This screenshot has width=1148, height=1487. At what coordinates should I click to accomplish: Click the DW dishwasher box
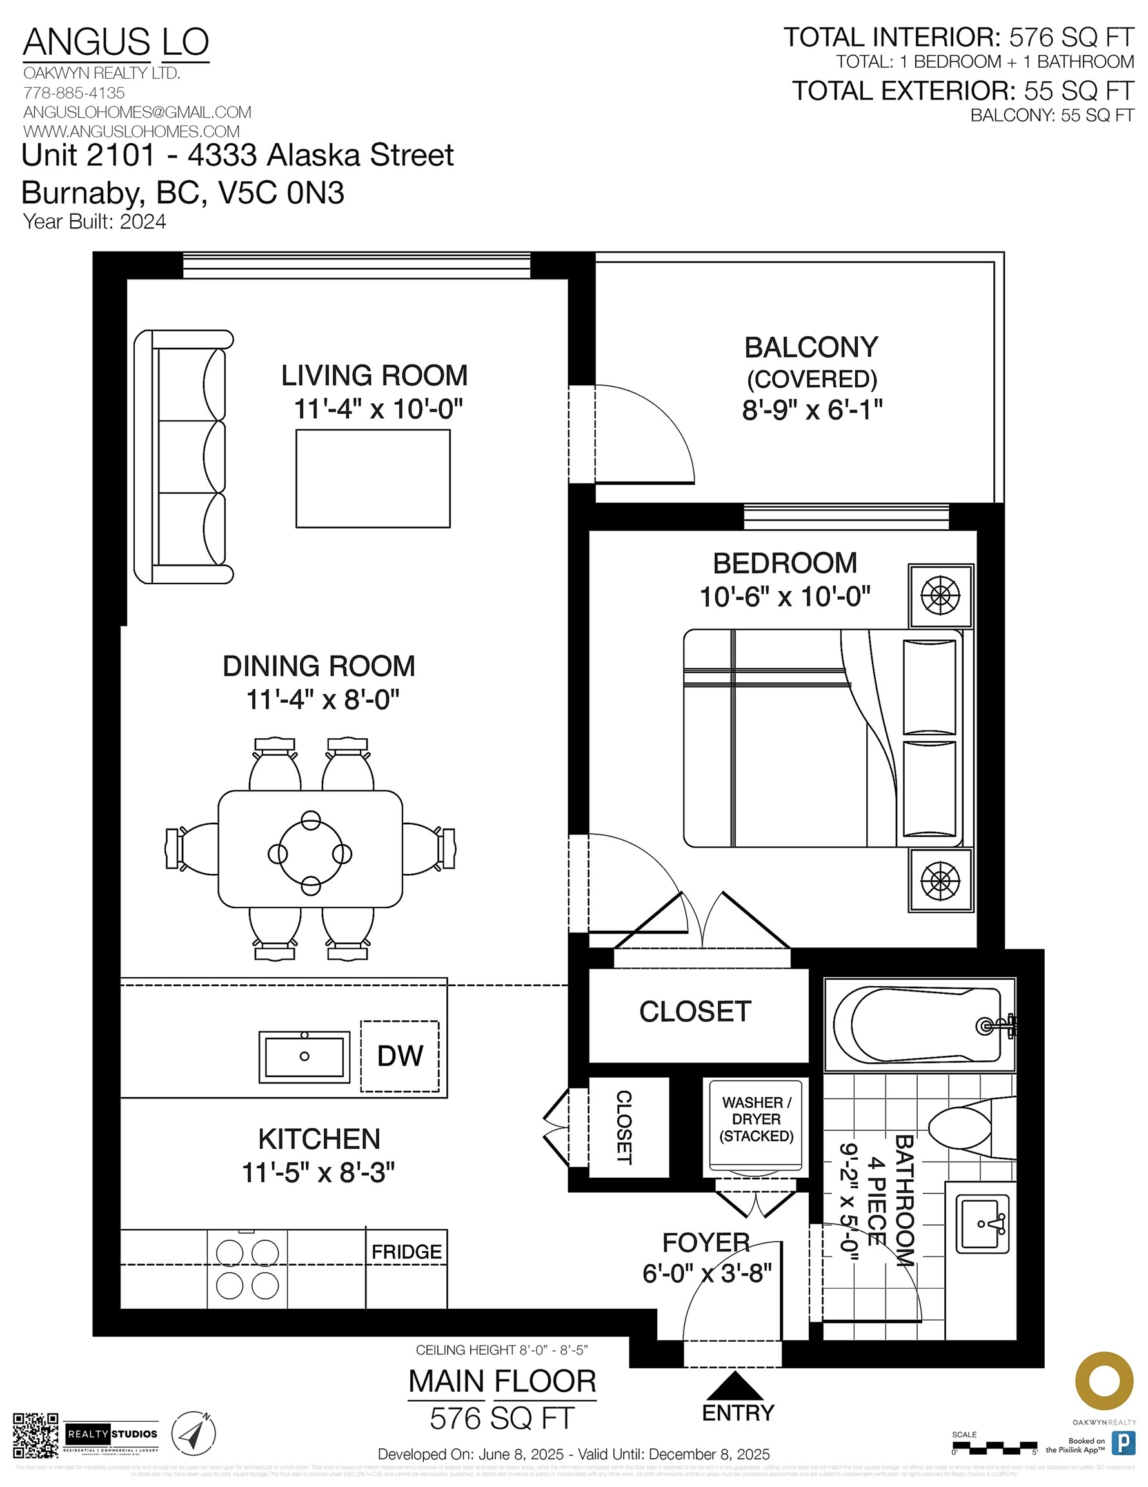(399, 1056)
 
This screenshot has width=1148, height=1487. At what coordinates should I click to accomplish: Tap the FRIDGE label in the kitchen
(406, 1251)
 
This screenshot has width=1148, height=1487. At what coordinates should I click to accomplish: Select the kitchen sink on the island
(304, 1057)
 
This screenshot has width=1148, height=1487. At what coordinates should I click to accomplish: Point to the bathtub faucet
(995, 1026)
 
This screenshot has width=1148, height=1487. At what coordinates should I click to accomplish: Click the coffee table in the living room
(373, 478)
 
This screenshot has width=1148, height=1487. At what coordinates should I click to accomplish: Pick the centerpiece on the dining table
(310, 853)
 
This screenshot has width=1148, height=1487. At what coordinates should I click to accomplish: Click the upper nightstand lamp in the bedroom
(940, 596)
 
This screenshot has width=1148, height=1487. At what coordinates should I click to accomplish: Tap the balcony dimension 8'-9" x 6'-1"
(812, 410)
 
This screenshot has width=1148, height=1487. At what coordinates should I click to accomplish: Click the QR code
(35, 1435)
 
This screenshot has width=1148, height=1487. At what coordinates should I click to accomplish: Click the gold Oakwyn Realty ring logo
(1103, 1381)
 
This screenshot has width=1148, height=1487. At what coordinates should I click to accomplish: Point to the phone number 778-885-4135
(74, 92)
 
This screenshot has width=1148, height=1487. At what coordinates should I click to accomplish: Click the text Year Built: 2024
(95, 222)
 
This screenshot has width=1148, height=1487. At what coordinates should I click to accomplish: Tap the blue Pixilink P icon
(1123, 1442)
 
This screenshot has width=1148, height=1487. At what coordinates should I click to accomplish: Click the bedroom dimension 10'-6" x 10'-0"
(785, 597)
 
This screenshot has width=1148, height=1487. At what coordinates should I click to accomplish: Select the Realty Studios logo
(112, 1435)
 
